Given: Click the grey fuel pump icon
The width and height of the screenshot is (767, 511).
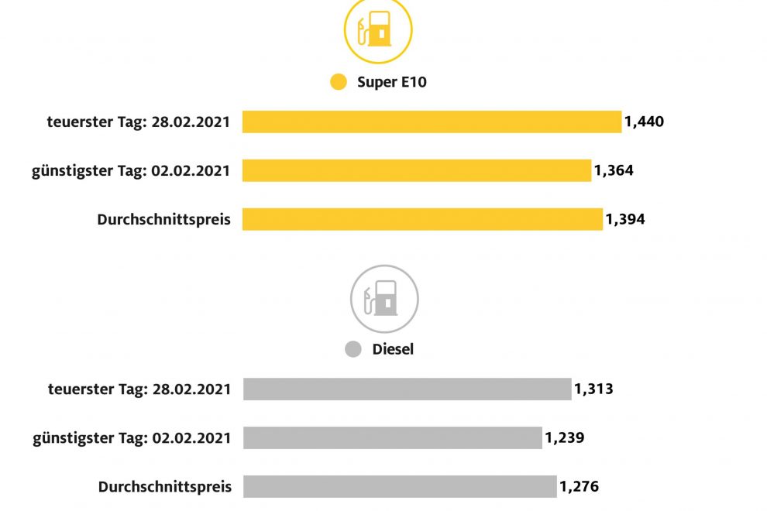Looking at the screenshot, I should click(x=384, y=299).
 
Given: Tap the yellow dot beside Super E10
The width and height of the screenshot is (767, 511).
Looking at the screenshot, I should click(x=339, y=82).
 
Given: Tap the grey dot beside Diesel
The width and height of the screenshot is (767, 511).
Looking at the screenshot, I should click(x=353, y=349).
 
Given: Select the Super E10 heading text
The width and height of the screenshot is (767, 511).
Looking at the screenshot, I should click(x=391, y=82).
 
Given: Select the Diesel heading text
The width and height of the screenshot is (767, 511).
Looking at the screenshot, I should click(x=393, y=349).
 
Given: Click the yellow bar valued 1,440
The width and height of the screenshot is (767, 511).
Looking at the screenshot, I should click(x=432, y=122).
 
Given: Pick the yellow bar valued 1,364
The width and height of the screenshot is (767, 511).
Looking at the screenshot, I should click(x=416, y=170).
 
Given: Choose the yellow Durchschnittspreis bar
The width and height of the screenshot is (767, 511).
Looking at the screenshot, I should click(x=422, y=219).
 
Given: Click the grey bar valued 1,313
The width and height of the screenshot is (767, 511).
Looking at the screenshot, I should click(x=407, y=389).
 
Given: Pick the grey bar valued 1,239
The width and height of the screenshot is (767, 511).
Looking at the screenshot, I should click(x=392, y=437).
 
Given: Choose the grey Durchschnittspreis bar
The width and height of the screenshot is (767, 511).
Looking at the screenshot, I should click(x=400, y=486).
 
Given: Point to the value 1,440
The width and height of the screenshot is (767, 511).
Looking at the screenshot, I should click(x=645, y=122).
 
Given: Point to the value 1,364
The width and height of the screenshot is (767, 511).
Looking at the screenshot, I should click(x=614, y=170).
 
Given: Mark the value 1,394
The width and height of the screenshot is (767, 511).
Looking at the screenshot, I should click(x=625, y=219).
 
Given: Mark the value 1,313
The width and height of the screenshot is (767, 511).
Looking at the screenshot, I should click(x=593, y=389).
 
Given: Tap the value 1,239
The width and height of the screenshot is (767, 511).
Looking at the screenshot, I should click(x=564, y=437).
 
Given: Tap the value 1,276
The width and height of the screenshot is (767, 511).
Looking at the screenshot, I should click(x=579, y=486).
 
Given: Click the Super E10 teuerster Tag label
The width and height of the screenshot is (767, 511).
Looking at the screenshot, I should click(x=139, y=122).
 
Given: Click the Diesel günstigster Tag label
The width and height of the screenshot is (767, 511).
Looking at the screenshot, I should click(x=132, y=437).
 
